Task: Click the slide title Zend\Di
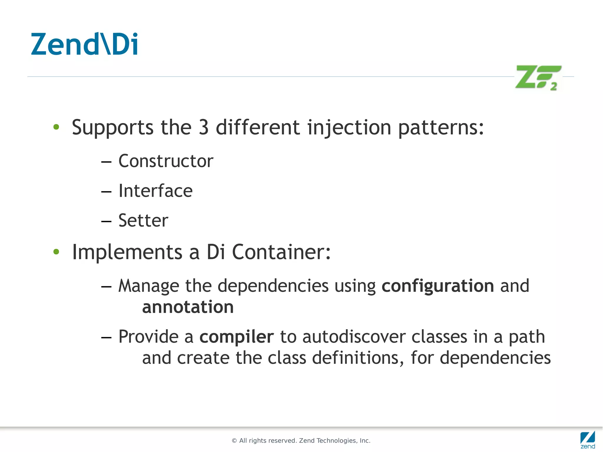pos(85,45)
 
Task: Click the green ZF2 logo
pos(538,77)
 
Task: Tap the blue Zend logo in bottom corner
pos(587,439)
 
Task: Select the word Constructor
pos(166,161)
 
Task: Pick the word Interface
pos(155,191)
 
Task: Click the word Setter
pos(143,221)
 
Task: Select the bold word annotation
pos(188,307)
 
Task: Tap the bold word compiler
pos(236,337)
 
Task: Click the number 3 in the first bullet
pos(204,128)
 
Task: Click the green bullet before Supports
pos(56,127)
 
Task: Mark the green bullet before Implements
pos(56,252)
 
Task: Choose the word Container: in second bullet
pos(281,252)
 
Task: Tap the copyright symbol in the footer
pos(234,441)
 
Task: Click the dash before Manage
pos(106,287)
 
